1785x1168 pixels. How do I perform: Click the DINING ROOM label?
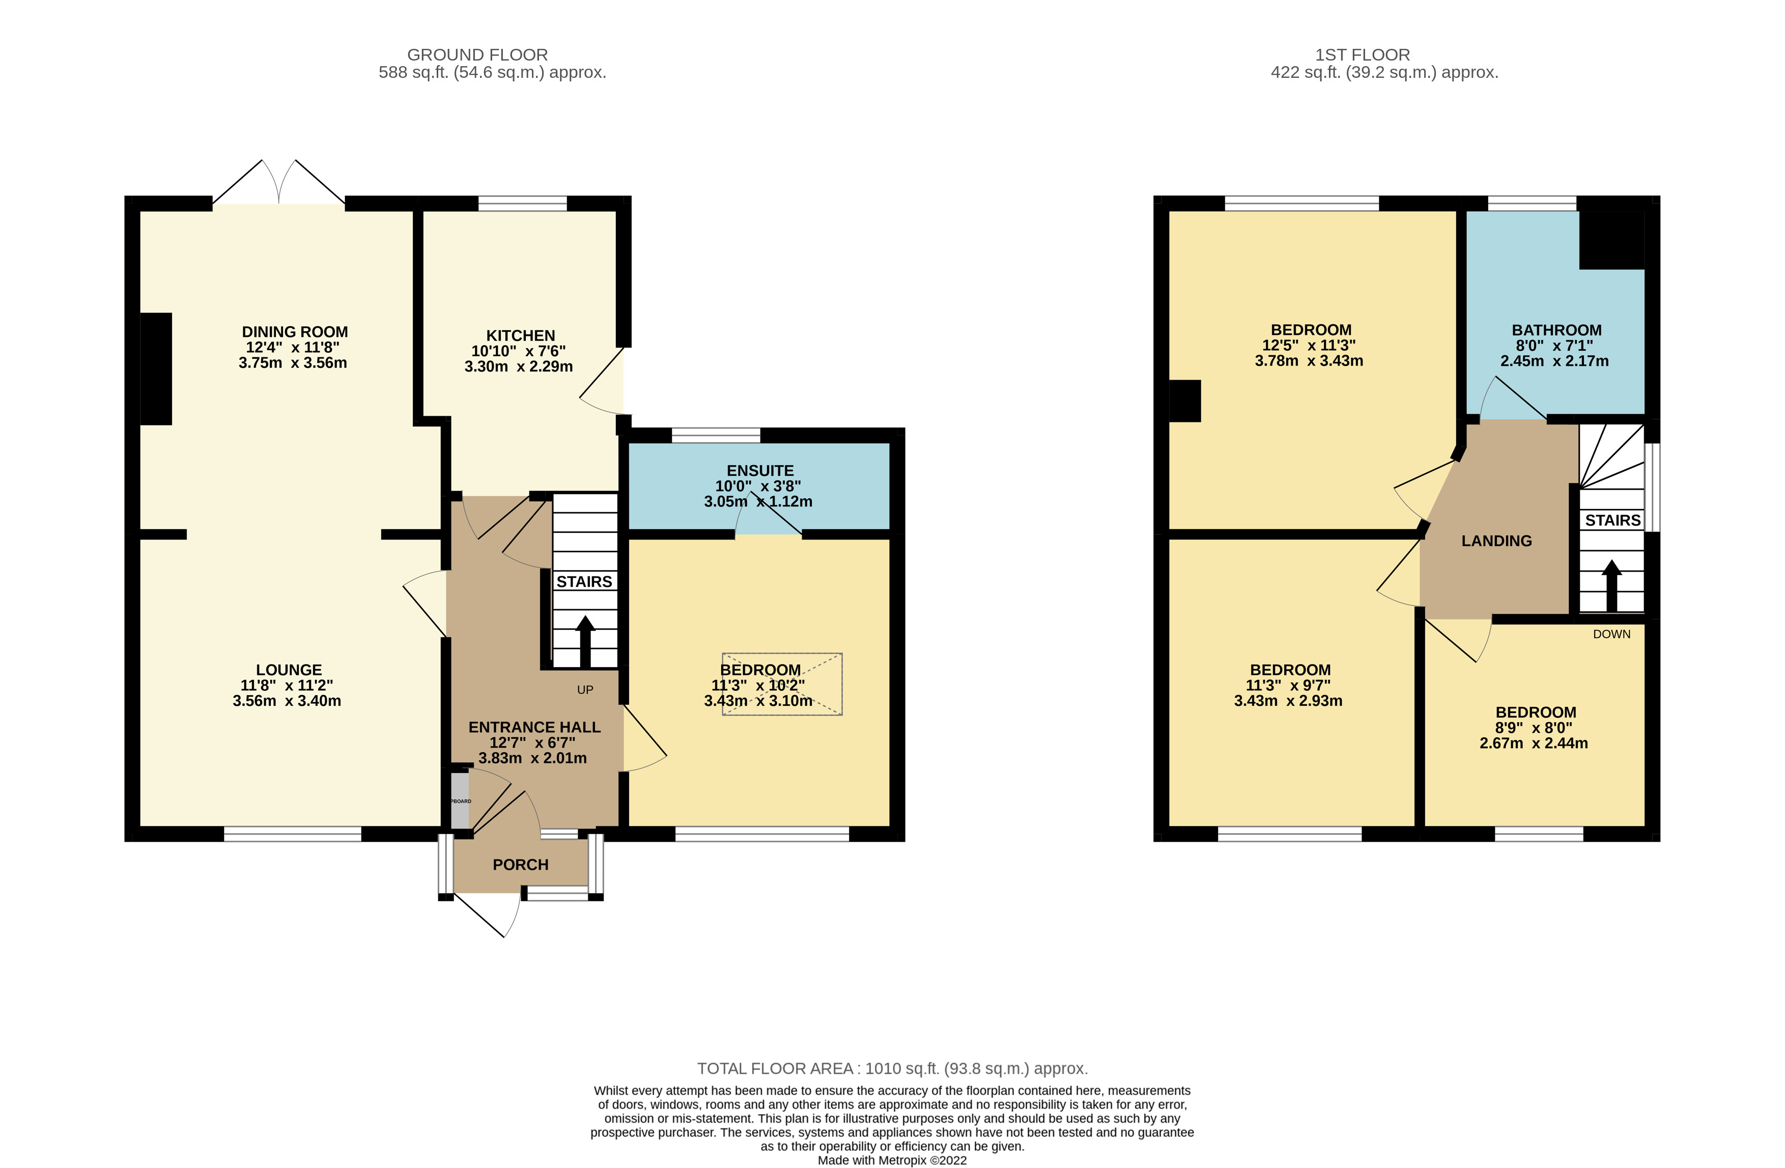[295, 332]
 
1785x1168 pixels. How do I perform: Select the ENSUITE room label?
[760, 470]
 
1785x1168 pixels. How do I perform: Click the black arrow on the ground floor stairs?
[585, 641]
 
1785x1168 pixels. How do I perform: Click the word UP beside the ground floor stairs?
[585, 690]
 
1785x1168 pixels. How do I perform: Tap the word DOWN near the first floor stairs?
[1612, 634]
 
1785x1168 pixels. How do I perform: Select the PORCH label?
[521, 865]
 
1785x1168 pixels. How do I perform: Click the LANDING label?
[1496, 541]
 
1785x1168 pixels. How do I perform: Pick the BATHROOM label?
[1556, 330]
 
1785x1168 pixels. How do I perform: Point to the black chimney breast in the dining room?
[156, 368]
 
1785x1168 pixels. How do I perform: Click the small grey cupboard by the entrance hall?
[460, 801]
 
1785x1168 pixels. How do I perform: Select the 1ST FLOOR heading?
[1362, 55]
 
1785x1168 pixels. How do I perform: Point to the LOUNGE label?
[289, 670]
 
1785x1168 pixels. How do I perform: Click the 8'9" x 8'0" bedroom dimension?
[1533, 728]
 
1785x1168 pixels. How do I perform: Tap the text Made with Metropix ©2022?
[892, 1160]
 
